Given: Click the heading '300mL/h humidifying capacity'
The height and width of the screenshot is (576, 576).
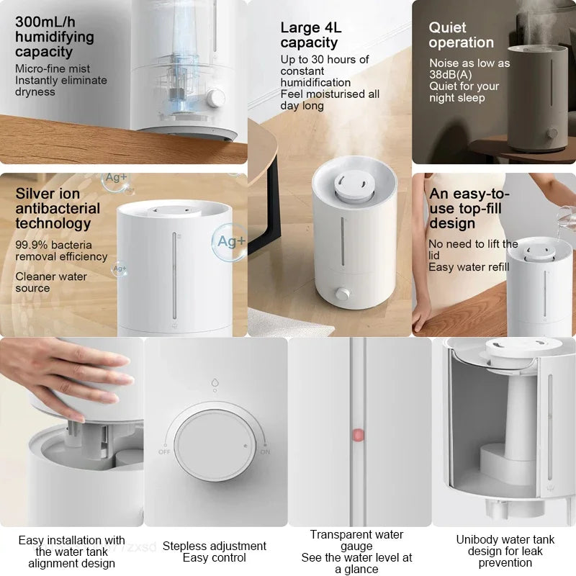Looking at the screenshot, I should point(55,36).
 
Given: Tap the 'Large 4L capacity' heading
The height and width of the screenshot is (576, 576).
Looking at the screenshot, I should point(309,35).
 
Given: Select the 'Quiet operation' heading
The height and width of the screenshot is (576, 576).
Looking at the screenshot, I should point(462,35).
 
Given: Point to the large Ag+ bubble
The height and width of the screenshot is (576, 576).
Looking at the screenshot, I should point(230,241).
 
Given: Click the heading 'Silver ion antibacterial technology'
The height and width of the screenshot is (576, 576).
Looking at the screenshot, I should point(58,208).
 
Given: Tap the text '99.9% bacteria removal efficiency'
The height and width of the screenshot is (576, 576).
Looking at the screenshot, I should point(61,251).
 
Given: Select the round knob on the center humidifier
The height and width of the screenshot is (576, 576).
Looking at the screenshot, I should point(342,294).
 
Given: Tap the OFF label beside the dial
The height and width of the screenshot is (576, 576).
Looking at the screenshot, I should point(164,451).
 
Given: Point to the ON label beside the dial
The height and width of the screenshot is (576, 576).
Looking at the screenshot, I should point(264,451).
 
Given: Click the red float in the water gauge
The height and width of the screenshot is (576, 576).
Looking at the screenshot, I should point(357,435).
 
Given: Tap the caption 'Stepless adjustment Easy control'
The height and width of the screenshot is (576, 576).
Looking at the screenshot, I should point(215,552).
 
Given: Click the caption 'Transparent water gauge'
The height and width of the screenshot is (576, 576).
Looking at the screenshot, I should point(357,540).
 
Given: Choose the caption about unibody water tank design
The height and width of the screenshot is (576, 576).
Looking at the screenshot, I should point(505,551).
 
